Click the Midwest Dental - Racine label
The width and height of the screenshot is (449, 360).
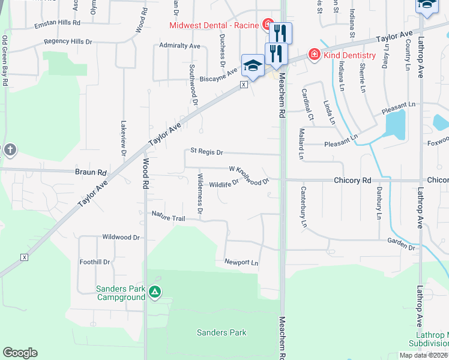coord(214,25)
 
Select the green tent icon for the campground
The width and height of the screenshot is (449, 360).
coord(155,292)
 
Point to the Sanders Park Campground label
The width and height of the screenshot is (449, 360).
coord(121,293)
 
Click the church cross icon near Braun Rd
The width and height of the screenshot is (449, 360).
coord(10,150)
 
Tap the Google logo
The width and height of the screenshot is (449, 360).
coord(20,353)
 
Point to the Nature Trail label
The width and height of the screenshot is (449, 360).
coord(168,215)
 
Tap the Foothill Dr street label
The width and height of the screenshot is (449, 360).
coord(95,262)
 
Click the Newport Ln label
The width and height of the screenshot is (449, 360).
coord(241,263)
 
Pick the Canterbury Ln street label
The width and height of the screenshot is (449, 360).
coord(304,207)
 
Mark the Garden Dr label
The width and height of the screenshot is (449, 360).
coord(401,244)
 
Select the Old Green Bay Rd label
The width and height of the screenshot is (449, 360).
coord(5,60)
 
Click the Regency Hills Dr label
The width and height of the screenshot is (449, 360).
coord(68,42)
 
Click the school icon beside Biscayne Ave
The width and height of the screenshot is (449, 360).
coord(253,66)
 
